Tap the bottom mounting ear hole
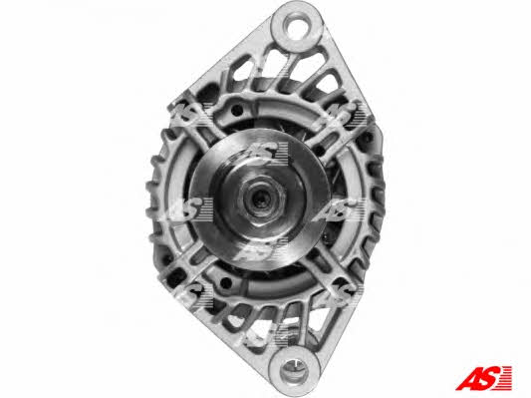[295, 369]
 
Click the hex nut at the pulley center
[261, 200]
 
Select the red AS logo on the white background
[483, 378]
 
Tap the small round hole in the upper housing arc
[237, 109]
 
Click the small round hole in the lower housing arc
[225, 281]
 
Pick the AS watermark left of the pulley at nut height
[190, 207]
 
